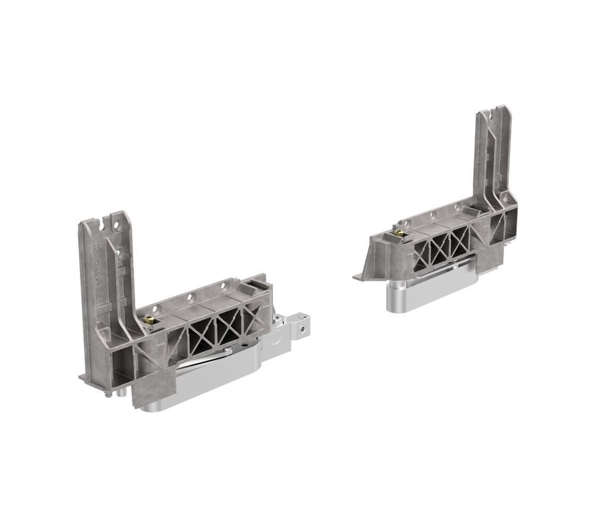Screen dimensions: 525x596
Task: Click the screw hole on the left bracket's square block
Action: click(x=303, y=326)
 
